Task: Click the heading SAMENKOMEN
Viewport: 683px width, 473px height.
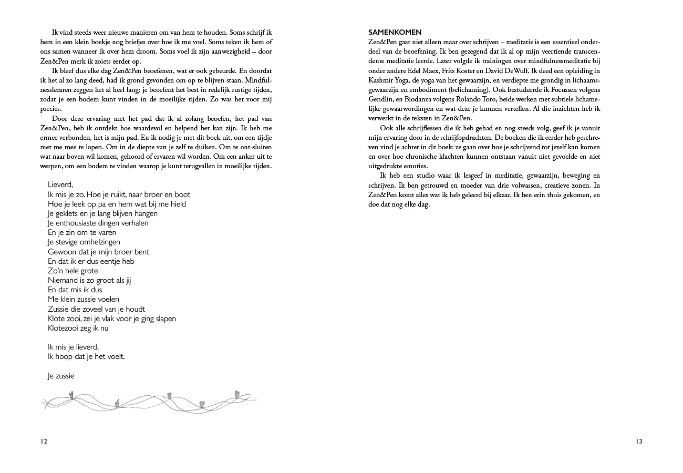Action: point(395,33)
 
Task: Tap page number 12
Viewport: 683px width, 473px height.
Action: point(44,441)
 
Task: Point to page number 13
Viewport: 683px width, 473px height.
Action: point(638,441)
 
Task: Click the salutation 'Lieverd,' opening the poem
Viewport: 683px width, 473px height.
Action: point(60,185)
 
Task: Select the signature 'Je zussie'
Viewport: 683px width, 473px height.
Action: point(61,376)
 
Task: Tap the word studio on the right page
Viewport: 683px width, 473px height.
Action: point(426,176)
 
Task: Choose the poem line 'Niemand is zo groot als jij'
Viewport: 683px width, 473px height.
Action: point(89,280)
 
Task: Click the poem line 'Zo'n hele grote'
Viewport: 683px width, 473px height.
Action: point(73,271)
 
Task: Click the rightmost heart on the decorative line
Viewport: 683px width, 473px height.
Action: point(236,393)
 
